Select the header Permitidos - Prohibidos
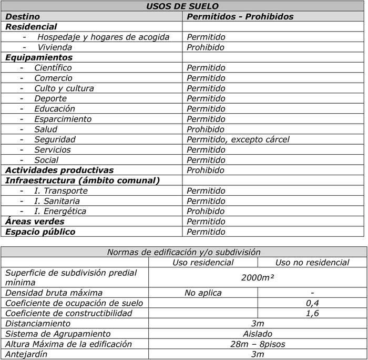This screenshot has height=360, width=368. tap(240, 17)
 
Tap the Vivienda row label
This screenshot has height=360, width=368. tap(55, 47)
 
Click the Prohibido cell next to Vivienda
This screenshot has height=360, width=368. tap(206, 47)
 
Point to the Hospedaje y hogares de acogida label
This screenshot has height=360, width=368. tap(103, 37)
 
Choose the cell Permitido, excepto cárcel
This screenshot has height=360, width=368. tap(238, 139)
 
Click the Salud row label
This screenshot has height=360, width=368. tap(46, 129)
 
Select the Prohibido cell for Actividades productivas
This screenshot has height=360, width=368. tap(206, 170)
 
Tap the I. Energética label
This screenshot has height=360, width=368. tap(60, 211)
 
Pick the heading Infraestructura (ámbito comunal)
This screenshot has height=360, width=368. tap(83, 181)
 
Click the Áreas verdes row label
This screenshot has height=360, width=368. tap(35, 222)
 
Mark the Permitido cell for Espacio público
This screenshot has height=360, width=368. tap(206, 232)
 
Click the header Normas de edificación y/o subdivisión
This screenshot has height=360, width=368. tap(183, 252)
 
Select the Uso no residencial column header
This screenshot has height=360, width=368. tap(312, 262)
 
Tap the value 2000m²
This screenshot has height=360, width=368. tap(258, 277)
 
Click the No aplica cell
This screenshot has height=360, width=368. tap(203, 293)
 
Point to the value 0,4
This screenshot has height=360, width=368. tap(312, 303)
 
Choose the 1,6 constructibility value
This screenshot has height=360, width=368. tap(312, 313)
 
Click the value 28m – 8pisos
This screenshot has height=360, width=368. tap(258, 344)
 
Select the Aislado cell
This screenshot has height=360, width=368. tap(258, 334)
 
